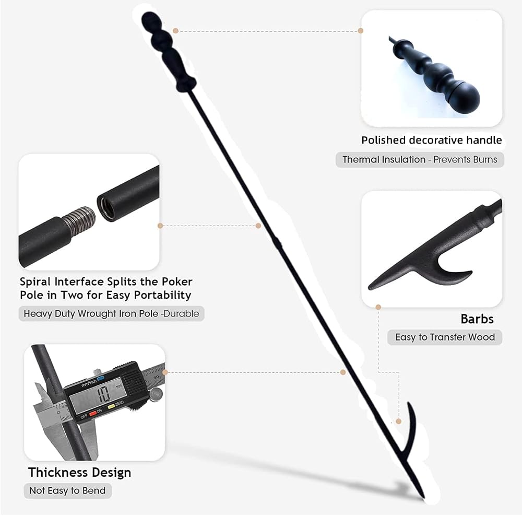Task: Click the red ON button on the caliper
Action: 93,413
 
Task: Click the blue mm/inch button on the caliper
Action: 101,378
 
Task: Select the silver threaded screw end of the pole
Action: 79,220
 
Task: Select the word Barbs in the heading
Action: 477,319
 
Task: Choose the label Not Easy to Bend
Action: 67,490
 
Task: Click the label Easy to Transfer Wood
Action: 445,337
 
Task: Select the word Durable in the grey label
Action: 182,313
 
